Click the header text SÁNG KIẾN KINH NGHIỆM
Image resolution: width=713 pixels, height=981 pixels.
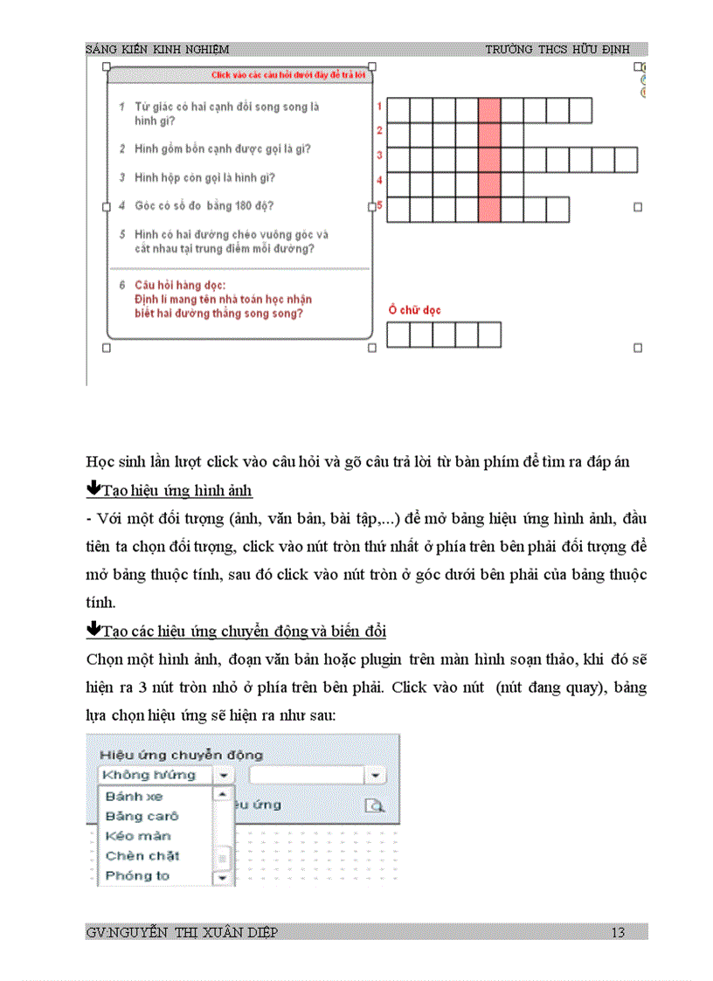point(157,50)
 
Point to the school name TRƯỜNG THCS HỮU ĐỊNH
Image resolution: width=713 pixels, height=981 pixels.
point(556,50)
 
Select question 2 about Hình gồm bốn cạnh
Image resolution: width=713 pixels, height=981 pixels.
point(222,149)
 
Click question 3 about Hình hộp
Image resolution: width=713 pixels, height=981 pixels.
point(204,177)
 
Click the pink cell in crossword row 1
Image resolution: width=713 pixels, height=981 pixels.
point(489,110)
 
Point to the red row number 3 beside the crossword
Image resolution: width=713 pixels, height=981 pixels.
point(379,155)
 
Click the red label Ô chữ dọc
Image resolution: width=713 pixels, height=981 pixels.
point(415,309)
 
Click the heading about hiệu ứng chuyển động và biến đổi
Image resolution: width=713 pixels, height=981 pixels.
point(245,631)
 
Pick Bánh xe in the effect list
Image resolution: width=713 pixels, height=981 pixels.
point(134,797)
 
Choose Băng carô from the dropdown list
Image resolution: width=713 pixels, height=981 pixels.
point(142,816)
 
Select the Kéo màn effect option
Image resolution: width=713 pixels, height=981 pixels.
point(138,836)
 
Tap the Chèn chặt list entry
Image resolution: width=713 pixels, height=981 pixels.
point(142,855)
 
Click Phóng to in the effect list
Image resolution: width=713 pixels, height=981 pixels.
point(137,875)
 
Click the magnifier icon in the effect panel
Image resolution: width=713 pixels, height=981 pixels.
point(374,805)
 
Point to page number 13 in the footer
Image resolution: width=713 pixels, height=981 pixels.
point(618,933)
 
